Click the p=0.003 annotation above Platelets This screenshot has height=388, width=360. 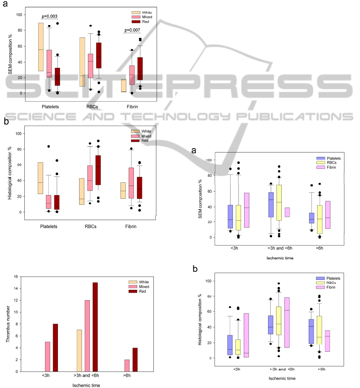[x=50, y=16]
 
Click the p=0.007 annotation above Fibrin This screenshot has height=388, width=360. [x=133, y=30]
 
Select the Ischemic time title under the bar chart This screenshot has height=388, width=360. [x=86, y=385]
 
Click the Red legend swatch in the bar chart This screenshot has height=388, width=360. [x=123, y=291]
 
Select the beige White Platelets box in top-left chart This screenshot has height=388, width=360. [x=41, y=47]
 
